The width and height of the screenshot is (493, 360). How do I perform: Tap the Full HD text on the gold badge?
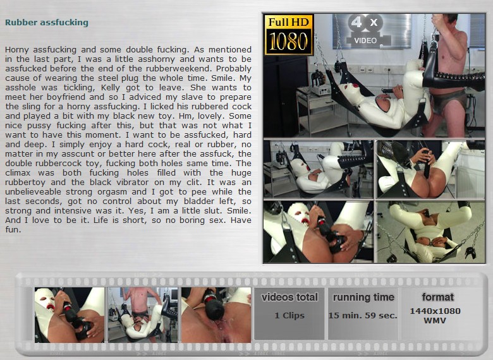tap(289, 22)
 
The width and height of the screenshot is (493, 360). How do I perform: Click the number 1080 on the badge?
tap(289, 42)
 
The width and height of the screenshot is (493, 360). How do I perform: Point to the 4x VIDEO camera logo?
tap(365, 32)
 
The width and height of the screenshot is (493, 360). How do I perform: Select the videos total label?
tap(289, 297)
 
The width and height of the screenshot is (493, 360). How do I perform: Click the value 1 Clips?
tap(289, 315)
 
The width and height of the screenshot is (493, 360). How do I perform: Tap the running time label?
tap(363, 297)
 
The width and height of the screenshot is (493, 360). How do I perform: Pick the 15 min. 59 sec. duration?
tap(363, 315)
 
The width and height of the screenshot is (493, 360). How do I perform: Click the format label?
tap(437, 297)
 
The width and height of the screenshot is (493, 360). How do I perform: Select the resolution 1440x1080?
tap(435, 311)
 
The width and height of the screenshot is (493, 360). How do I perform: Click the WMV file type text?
tap(435, 321)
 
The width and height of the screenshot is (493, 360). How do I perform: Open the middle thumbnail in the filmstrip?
tap(143, 315)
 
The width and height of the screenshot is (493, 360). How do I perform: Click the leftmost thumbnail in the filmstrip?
tap(70, 315)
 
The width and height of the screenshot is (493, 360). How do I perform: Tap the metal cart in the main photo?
tap(317, 110)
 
